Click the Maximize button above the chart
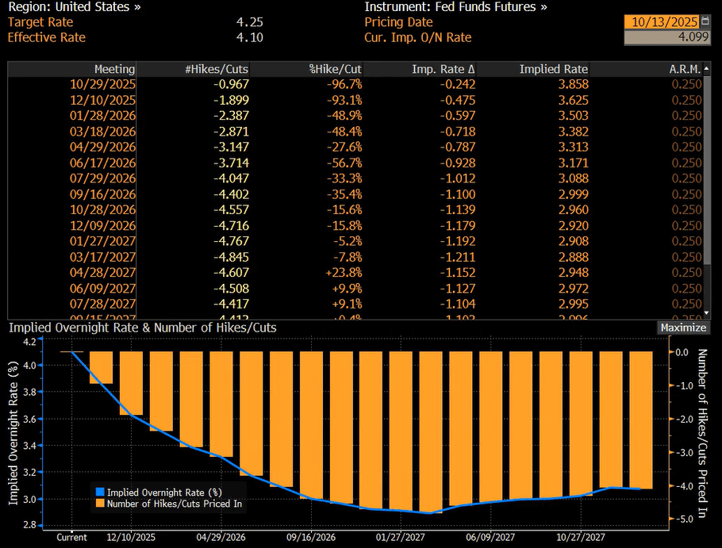point(682,328)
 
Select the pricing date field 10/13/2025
point(662,22)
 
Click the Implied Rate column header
point(553,70)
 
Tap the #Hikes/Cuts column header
point(216,70)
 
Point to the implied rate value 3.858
point(572,85)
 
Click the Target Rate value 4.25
point(250,22)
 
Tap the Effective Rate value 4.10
point(250,37)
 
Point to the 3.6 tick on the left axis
point(29,419)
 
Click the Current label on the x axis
point(72,537)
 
